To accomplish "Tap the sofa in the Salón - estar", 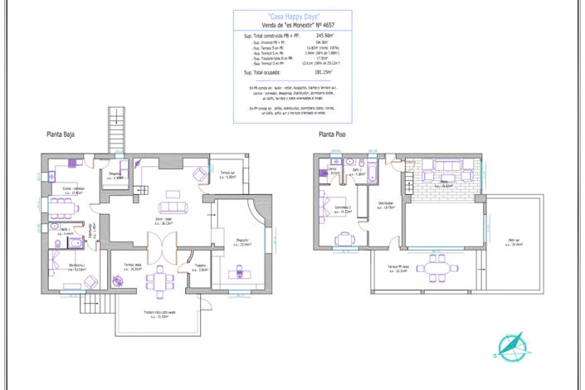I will pyautogui.click(x=172, y=207).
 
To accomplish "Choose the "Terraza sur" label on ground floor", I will pyautogui.click(x=229, y=173).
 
